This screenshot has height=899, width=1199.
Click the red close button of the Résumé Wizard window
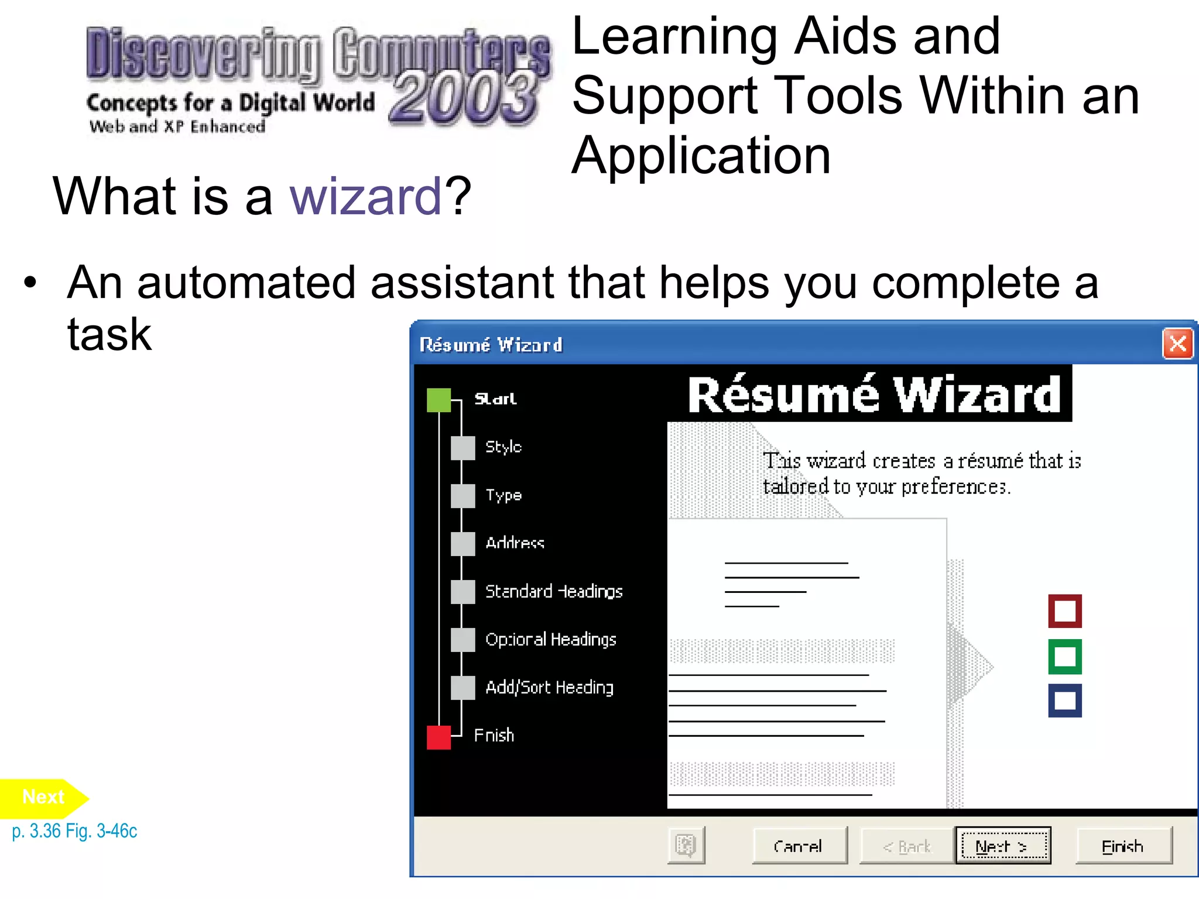1177,344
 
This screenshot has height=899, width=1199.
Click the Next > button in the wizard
1003,846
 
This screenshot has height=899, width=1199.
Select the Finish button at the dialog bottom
1123,846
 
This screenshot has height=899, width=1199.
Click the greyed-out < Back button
907,846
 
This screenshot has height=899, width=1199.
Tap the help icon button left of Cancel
686,845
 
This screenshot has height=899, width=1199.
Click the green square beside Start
439,400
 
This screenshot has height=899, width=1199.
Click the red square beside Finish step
439,737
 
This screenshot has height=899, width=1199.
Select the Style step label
503,447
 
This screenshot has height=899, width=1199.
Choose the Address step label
515,543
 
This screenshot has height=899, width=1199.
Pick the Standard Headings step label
554,591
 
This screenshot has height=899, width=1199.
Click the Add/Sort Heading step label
549,687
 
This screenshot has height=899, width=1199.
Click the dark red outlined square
1064,611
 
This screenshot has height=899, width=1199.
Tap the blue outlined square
1064,701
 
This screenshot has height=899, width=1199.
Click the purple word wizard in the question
365,197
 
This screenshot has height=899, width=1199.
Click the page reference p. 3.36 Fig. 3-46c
74,831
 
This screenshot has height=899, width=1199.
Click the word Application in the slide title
701,156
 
